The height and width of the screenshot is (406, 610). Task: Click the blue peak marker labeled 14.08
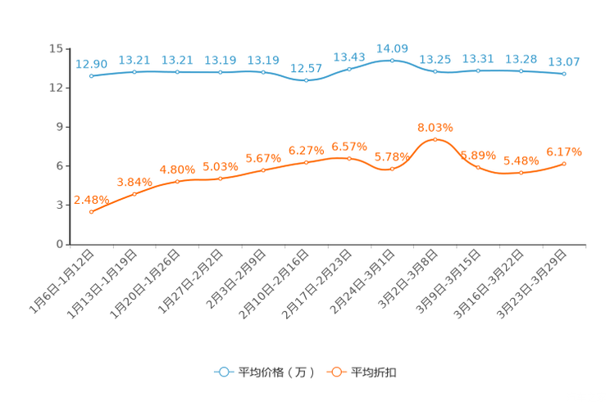coord(392,60)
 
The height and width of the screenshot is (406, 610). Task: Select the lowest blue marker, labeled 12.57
coord(306,80)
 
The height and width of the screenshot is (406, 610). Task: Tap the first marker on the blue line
coord(91,76)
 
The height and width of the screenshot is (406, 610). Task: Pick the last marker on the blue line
coord(564,74)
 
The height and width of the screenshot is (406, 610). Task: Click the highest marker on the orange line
coord(435,139)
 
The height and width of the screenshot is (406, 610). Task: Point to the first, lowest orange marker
coord(91,213)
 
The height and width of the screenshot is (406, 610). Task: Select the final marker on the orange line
coord(564,164)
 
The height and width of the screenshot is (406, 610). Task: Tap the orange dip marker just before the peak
coord(392,169)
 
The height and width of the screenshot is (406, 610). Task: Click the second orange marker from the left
coord(134,193)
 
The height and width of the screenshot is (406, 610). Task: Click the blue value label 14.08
coord(392,47)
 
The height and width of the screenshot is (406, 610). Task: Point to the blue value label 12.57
coord(306,68)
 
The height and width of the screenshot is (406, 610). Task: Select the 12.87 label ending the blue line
coord(564,62)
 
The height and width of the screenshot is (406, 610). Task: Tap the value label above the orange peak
coord(435,127)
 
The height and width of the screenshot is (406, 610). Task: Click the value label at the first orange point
coord(91,199)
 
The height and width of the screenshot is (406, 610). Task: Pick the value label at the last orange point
coord(564,151)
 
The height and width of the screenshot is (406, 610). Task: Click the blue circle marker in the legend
coord(223,372)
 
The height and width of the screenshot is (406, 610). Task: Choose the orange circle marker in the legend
coord(335,372)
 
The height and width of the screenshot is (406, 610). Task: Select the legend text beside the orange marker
coord(374,372)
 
